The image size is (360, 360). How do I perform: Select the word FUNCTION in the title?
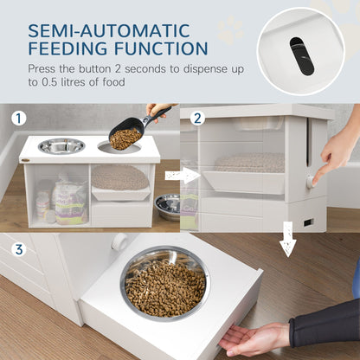pos(164,48)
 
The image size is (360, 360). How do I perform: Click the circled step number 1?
pos(19,117)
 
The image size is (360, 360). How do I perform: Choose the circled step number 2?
pos(197,117)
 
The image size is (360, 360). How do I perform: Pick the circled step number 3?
pos(19,249)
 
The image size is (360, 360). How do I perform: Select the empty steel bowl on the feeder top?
pos(62,146)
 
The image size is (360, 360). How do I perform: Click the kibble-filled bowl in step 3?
pos(165,282)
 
